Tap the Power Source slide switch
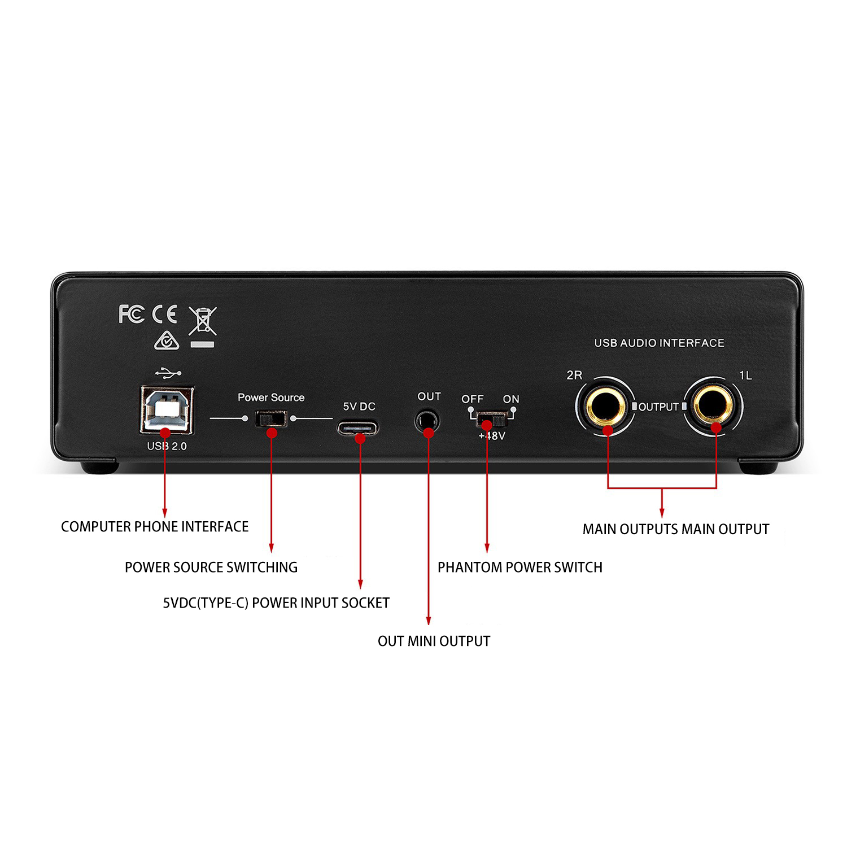[x=271, y=419]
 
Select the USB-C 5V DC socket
[x=358, y=427]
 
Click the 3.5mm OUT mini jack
[x=427, y=421]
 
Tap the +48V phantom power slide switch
[x=491, y=420]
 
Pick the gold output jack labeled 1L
[x=713, y=405]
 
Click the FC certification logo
[x=132, y=314]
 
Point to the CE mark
[x=165, y=314]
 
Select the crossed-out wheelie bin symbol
[x=203, y=326]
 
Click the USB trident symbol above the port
[x=168, y=373]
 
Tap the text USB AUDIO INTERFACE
[x=659, y=343]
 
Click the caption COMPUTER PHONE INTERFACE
[x=155, y=527]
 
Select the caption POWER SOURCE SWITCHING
[x=211, y=567]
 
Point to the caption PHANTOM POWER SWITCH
[x=520, y=567]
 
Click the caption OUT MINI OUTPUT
[x=434, y=641]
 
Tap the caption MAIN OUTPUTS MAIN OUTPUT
[x=676, y=529]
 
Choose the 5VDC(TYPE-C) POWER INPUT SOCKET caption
[x=276, y=603]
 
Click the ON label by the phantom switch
[x=511, y=399]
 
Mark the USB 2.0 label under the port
[x=167, y=446]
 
